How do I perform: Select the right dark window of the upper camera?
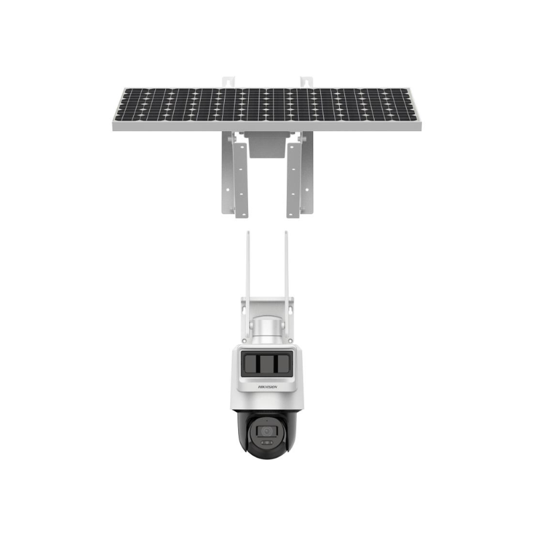pos(282,365)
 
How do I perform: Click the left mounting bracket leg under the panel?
pos(235,174)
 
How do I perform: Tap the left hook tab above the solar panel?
pos(228,82)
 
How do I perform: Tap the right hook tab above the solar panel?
pos(306,82)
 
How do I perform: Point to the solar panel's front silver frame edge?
pos(267,126)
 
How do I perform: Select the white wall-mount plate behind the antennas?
pos(267,314)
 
